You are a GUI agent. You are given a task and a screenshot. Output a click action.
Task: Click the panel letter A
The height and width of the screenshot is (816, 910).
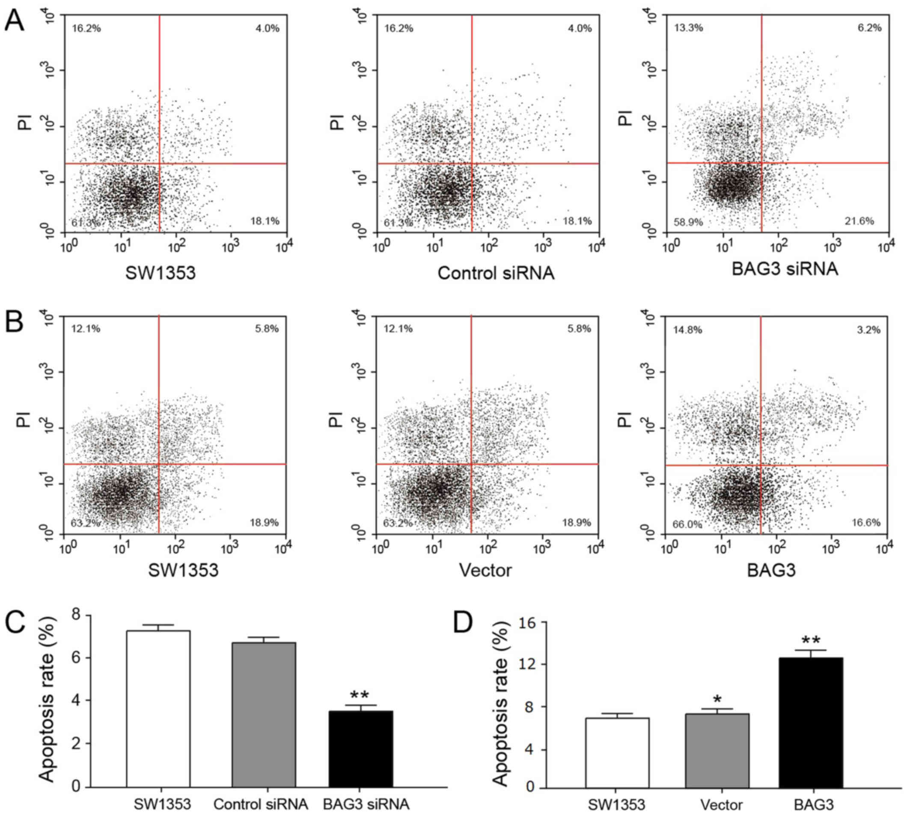(x=15, y=21)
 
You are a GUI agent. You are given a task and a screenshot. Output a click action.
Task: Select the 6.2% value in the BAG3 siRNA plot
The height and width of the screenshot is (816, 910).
(x=869, y=28)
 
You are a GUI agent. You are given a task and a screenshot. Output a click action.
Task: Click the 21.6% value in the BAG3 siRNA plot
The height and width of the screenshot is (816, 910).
(x=859, y=221)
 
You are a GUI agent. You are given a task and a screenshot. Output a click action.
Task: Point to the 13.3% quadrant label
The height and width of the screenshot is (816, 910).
(x=688, y=28)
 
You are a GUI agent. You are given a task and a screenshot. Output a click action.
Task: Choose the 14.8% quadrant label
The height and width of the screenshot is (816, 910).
(x=687, y=330)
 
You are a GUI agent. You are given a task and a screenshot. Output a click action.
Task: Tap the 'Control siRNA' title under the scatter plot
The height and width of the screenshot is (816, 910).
(x=496, y=273)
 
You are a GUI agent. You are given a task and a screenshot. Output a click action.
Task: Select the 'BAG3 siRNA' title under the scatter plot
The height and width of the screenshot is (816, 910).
(x=785, y=269)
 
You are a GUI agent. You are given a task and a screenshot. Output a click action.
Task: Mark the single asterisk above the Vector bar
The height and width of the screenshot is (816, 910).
(x=717, y=700)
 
